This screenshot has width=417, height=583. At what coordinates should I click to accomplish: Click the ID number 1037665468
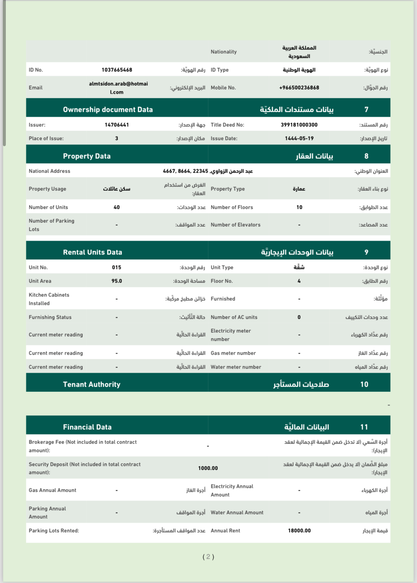pyautogui.click(x=117, y=70)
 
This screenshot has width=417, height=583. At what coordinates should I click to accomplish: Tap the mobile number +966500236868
pyautogui.click(x=299, y=88)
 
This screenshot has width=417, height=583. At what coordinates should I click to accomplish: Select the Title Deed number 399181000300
pyautogui.click(x=299, y=125)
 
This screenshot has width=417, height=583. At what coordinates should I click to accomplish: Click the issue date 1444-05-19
pyautogui.click(x=299, y=138)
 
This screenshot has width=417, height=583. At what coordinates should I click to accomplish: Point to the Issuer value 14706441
pyautogui.click(x=117, y=125)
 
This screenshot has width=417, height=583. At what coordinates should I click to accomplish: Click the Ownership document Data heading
pyautogui.click(x=108, y=110)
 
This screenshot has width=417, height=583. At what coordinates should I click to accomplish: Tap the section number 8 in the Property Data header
pyautogui.click(x=366, y=156)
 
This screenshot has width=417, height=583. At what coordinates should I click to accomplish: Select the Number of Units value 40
pyautogui.click(x=117, y=207)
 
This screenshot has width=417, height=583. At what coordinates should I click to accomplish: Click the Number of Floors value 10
pyautogui.click(x=299, y=207)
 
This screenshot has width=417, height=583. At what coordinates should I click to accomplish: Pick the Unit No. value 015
pyautogui.click(x=117, y=267)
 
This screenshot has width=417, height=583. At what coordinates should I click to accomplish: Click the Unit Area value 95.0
pyautogui.click(x=117, y=281)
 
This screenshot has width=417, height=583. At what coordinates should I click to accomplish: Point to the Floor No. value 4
pyautogui.click(x=299, y=281)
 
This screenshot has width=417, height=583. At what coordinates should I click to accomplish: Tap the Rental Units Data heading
pyautogui.click(x=92, y=252)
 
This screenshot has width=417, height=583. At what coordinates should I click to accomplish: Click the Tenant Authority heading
pyautogui.click(x=91, y=384)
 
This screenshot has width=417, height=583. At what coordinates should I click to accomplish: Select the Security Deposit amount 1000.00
pyautogui.click(x=208, y=468)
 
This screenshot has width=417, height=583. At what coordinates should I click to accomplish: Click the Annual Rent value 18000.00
pyautogui.click(x=299, y=531)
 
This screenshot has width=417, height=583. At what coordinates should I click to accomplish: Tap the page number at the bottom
pyautogui.click(x=208, y=556)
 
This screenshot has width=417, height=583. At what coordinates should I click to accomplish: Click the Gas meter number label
pyautogui.click(x=233, y=353)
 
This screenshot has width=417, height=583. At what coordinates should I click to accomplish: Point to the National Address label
pyautogui.click(x=49, y=171)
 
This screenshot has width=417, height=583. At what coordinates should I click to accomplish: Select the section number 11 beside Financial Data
pyautogui.click(x=364, y=427)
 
